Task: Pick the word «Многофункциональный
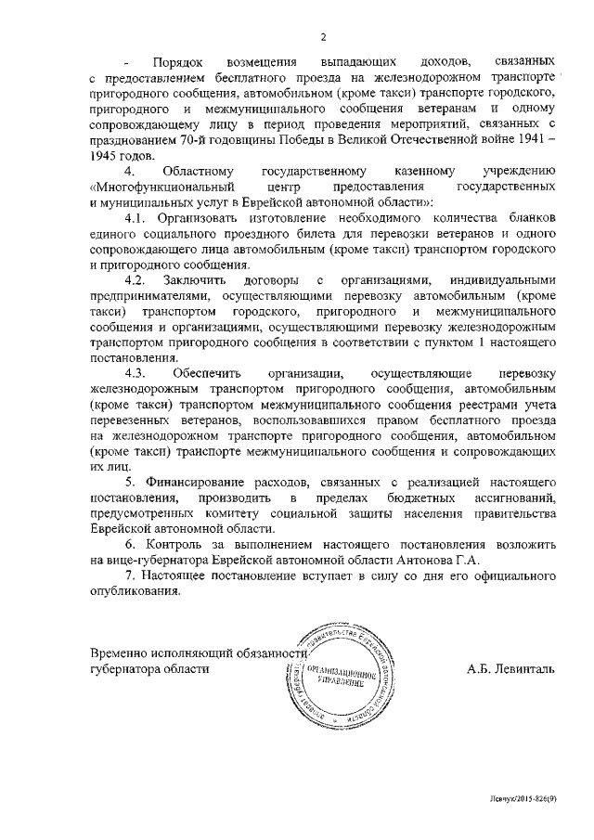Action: [154, 187]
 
